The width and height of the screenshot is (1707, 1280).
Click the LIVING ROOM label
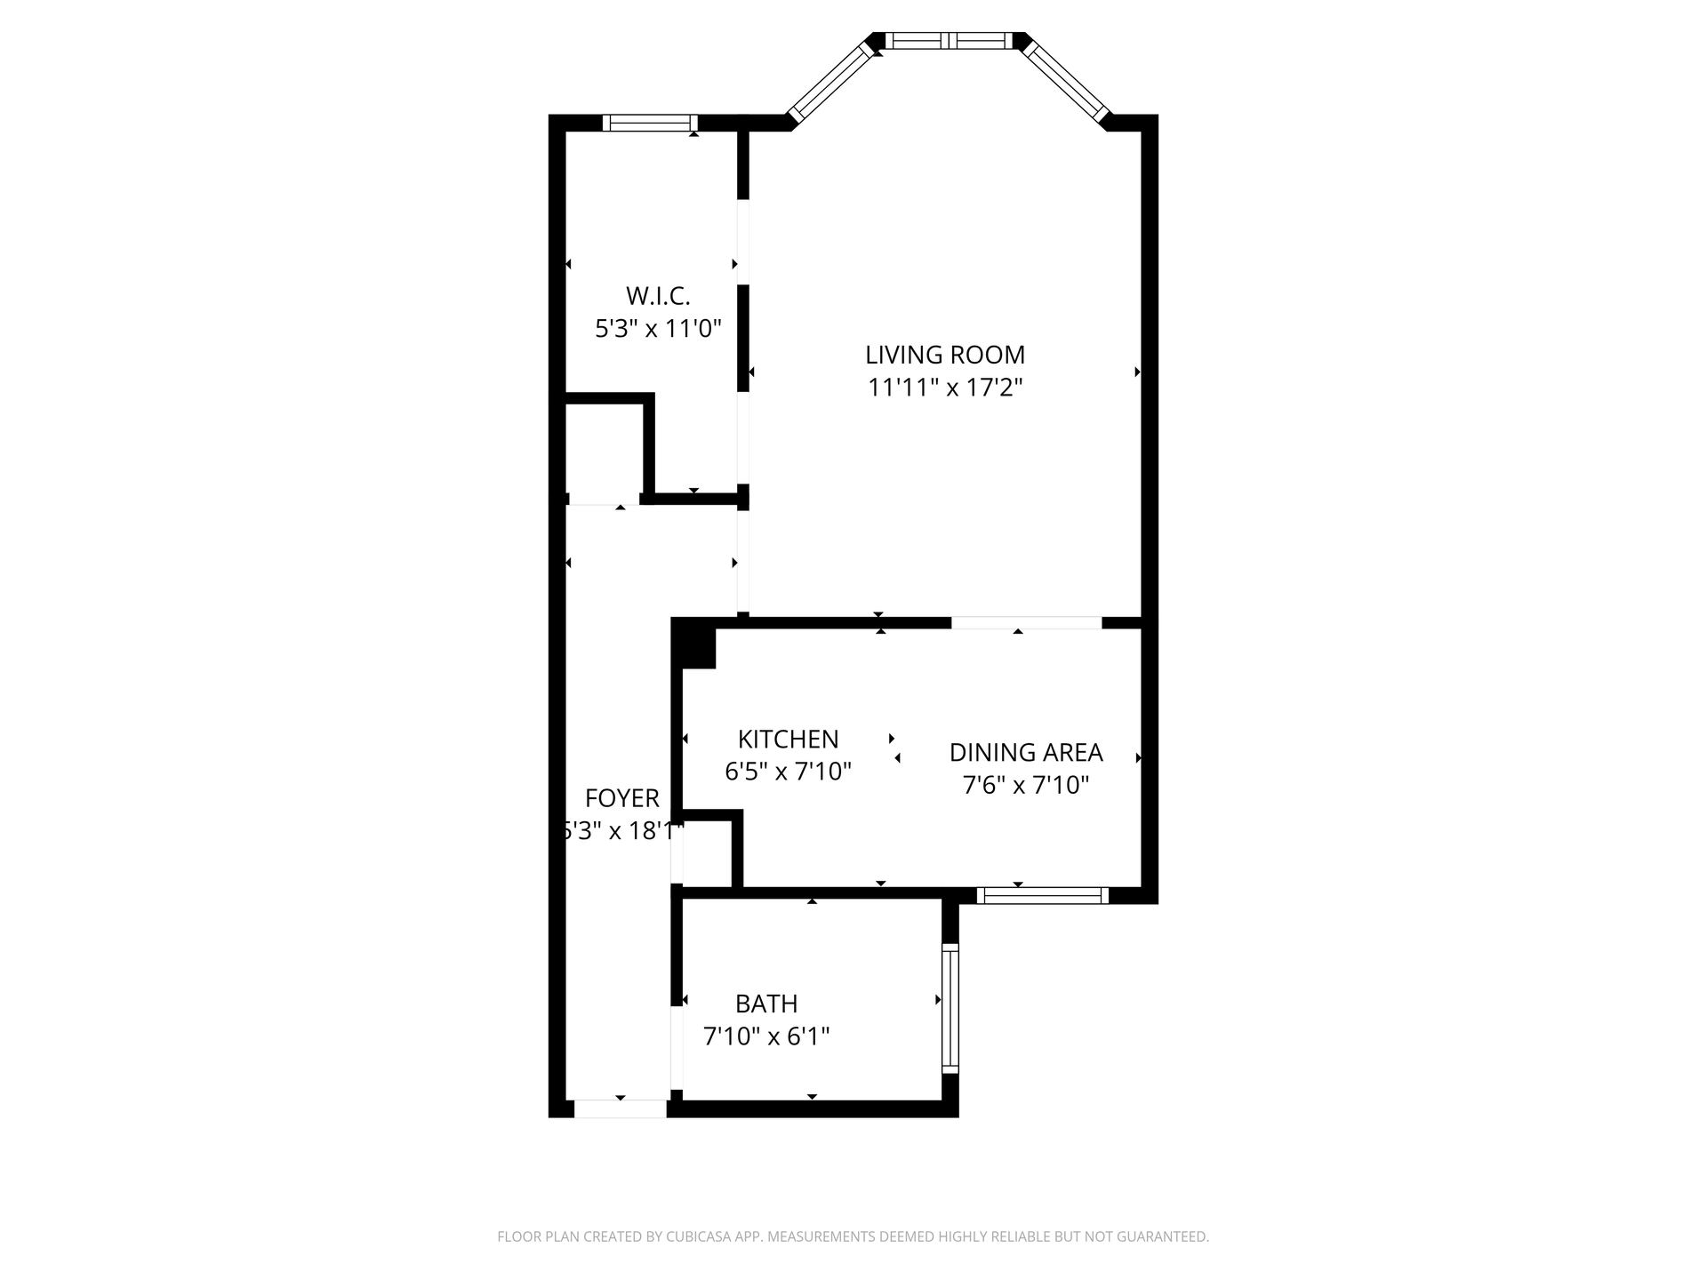pos(945,355)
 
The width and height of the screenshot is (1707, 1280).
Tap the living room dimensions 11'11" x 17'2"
pos(945,388)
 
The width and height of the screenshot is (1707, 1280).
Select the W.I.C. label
pos(658,296)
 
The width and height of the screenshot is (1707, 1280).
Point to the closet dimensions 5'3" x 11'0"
pos(658,329)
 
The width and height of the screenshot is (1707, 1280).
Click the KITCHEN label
pos(789,739)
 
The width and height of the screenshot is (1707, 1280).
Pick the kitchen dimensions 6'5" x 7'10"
pos(789,772)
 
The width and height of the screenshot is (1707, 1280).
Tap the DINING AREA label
pos(1026,752)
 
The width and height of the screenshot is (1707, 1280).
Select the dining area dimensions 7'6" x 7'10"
pos(1026,785)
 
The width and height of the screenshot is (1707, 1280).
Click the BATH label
pos(766,1004)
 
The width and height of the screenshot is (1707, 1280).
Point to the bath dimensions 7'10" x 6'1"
pos(766,1036)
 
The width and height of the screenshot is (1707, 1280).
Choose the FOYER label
pos(622,798)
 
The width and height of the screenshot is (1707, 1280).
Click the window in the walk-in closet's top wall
pos(650,123)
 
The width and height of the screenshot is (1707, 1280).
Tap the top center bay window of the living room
pos(949,40)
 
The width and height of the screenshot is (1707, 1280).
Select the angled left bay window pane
pos(832,83)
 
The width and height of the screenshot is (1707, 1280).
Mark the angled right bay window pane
pos(1065,82)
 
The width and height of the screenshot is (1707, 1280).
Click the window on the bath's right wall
pos(950,1008)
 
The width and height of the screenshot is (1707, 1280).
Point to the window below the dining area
pos(1043,895)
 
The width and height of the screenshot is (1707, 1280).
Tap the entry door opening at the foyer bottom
pos(621,1108)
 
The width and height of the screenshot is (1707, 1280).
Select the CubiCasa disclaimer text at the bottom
pos(853,1236)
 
